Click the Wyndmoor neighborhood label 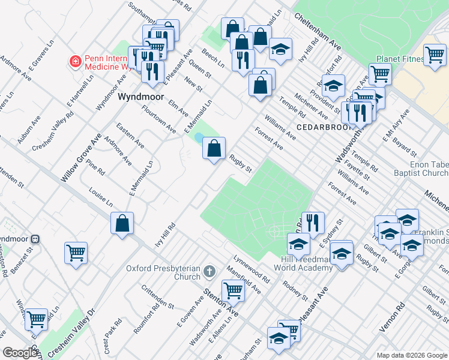pyautogui.click(x=140, y=96)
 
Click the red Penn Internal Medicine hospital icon pyautogui.click(x=75, y=61)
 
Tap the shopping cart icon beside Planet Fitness pyautogui.click(x=435, y=55)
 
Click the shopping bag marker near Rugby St pyautogui.click(x=214, y=147)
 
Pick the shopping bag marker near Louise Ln pyautogui.click(x=122, y=223)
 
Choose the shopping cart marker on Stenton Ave pyautogui.click(x=233, y=291)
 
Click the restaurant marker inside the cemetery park pyautogui.click(x=312, y=223)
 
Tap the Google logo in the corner pyautogui.click(x=20, y=352)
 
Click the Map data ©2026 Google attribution pyautogui.click(x=411, y=355)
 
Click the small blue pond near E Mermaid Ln pyautogui.click(x=199, y=138)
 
